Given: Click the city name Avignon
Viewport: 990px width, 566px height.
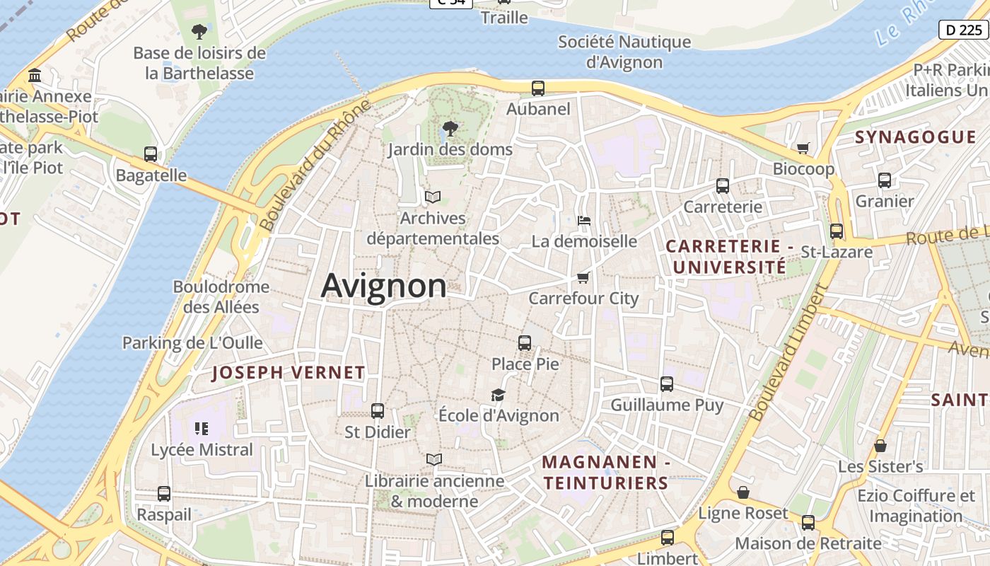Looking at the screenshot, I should coord(383,287).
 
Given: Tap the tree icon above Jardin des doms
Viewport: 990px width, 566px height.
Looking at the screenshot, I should coord(449,129).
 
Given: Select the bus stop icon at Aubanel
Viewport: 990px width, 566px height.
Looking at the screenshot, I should coord(538,88).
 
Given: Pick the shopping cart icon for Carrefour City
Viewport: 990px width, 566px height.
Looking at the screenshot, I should coord(583,277).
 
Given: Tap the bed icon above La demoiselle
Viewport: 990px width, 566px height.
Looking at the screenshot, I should coord(583,221).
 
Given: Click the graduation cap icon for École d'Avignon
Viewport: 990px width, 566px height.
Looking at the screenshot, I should coord(499,395).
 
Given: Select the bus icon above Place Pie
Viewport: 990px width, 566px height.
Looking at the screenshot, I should coord(525,343).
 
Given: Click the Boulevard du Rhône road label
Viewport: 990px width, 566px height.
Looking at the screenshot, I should coord(315,166).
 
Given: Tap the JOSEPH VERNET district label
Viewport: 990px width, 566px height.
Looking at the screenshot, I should coord(289,373).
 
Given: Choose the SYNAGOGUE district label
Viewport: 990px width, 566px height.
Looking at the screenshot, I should coord(915,137).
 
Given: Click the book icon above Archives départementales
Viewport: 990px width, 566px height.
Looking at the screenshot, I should coord(432,197).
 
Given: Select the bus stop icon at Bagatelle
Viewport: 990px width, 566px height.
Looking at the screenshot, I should coord(151,154).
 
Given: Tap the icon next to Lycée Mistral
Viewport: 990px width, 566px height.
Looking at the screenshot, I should coord(202,428).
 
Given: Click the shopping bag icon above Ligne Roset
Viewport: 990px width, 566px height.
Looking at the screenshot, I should coord(743,492).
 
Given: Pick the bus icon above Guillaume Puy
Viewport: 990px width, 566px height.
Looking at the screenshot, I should coord(667,384).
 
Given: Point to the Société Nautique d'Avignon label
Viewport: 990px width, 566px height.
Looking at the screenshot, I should coord(624,52).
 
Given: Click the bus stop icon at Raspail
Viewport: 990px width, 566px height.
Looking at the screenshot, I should coord(164,494).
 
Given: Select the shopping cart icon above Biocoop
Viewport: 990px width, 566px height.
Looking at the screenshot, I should coord(803,148).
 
